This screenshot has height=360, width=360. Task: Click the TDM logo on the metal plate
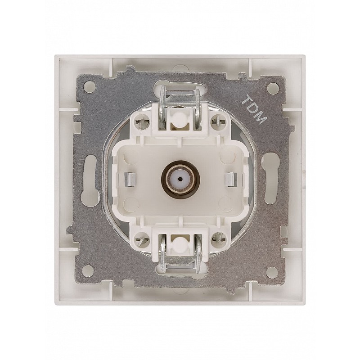pos(255,109)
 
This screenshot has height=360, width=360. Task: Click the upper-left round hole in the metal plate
pos(90,86)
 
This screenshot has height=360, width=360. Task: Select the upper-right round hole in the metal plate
pos(273,86)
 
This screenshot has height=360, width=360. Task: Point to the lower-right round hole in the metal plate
pos(273,270)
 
